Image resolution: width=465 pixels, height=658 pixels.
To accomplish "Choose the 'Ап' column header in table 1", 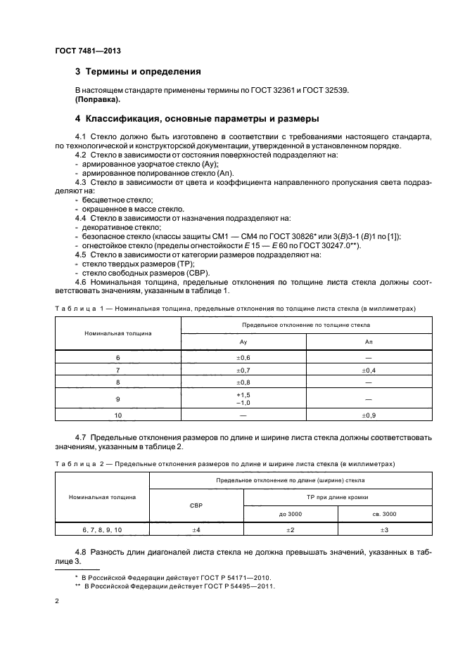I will [368, 340].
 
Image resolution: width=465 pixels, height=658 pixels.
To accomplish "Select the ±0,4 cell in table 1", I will [368, 370].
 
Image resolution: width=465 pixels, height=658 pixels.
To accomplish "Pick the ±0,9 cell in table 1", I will [368, 415].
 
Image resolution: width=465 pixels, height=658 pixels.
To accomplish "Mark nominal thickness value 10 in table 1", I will [118, 415].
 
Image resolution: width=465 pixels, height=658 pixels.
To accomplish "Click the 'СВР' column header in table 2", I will [196, 505].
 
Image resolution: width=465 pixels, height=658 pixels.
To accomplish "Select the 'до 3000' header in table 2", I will [290, 514].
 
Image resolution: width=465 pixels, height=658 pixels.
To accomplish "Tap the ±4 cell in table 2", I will [196, 530].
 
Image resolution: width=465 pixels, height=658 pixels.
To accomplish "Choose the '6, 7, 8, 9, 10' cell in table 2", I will [103, 530].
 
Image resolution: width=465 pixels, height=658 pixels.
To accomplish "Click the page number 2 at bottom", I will [57, 602].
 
